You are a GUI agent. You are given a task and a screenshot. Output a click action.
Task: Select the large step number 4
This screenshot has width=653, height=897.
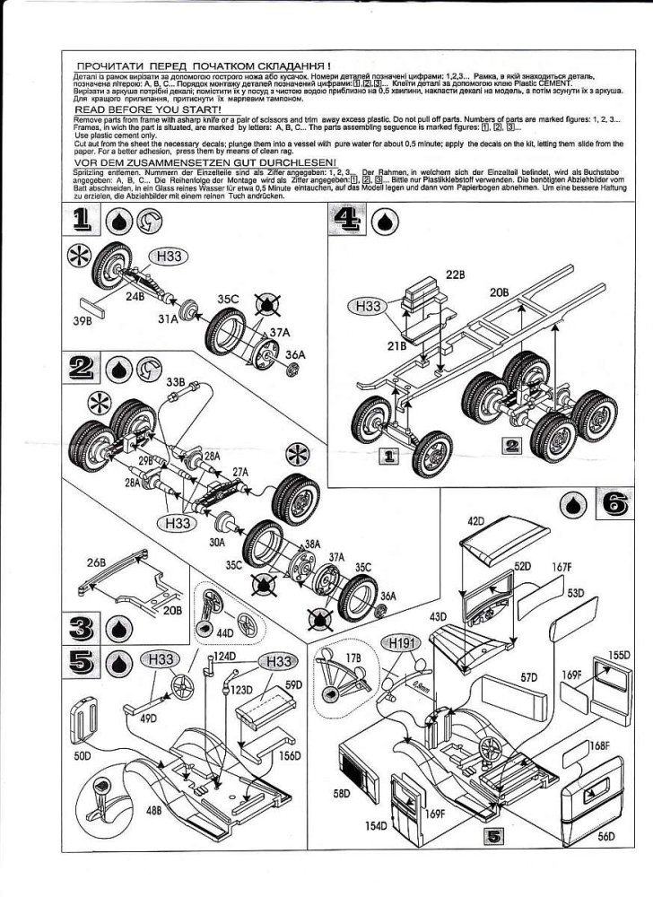[x=346, y=221]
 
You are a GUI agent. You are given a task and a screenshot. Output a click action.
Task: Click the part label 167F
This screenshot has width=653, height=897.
[x=562, y=566]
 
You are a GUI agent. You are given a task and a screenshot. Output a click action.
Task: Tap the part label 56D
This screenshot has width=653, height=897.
[x=604, y=834]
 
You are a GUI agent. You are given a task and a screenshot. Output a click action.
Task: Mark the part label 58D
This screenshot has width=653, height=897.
[x=341, y=793]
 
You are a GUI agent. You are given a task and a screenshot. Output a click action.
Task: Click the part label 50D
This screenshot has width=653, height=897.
[x=84, y=757]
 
